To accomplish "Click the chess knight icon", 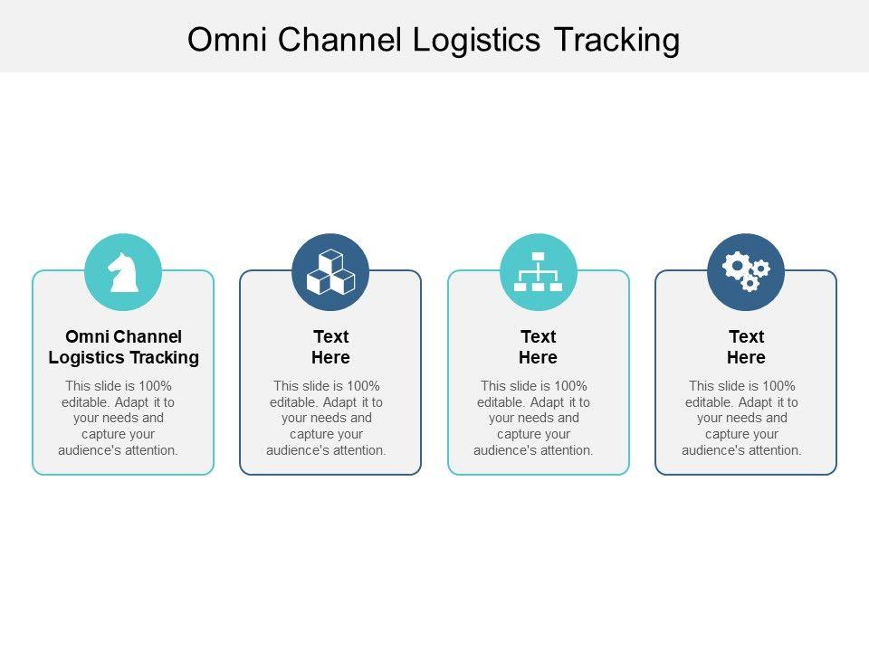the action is [124, 272].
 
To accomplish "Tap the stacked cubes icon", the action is [330, 272].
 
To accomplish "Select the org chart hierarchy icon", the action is [538, 271].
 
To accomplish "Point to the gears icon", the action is [746, 270].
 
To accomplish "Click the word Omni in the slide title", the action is [227, 40].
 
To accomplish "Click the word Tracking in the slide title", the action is [616, 41].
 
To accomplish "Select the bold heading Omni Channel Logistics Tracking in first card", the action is [124, 347].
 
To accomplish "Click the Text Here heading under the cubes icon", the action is [331, 347].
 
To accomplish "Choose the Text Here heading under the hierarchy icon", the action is [538, 347].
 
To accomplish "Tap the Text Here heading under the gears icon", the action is [746, 347].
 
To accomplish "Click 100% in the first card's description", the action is [155, 386].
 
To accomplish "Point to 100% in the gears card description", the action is [778, 386].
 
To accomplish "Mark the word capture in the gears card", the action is [724, 435].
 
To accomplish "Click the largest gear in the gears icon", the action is [737, 266].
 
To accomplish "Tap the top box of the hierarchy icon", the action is [538, 256].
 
